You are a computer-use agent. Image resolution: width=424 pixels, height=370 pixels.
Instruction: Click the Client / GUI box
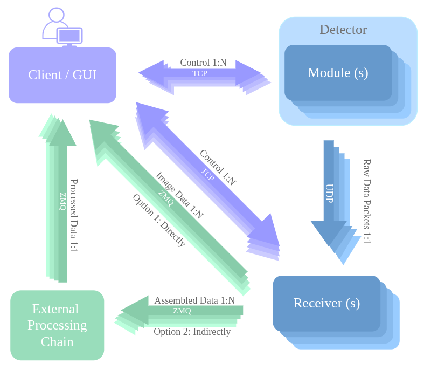point(62,75)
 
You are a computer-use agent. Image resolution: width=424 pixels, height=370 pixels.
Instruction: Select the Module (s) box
point(338,73)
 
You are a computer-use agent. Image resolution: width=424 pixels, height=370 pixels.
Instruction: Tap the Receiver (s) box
point(326,303)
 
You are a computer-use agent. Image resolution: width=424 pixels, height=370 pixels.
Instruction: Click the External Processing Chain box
point(57,325)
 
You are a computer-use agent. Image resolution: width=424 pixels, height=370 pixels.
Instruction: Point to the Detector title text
point(343,30)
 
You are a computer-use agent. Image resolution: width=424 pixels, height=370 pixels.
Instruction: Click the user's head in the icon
point(56,15)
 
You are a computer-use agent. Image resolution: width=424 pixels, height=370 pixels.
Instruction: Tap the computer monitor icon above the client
point(69,36)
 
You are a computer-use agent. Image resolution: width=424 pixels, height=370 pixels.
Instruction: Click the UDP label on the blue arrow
point(329,194)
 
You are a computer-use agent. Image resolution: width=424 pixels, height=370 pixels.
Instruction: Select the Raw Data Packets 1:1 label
point(366,201)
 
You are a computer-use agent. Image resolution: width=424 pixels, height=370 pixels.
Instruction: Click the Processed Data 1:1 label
point(74,216)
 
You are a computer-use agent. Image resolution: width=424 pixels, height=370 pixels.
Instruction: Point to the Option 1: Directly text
point(159,221)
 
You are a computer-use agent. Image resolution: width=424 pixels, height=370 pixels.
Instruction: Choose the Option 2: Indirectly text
point(192,332)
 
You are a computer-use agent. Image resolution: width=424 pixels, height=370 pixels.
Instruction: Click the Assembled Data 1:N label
point(194,300)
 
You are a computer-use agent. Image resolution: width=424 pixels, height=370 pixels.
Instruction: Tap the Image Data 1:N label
point(179,195)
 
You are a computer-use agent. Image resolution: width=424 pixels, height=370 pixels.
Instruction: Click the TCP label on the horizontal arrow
point(199,73)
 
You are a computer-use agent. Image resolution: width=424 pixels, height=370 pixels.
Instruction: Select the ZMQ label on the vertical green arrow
point(62,201)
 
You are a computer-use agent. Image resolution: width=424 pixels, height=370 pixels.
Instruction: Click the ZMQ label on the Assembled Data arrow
point(182,311)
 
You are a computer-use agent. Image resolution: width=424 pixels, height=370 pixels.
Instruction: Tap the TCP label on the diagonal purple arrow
point(208,175)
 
